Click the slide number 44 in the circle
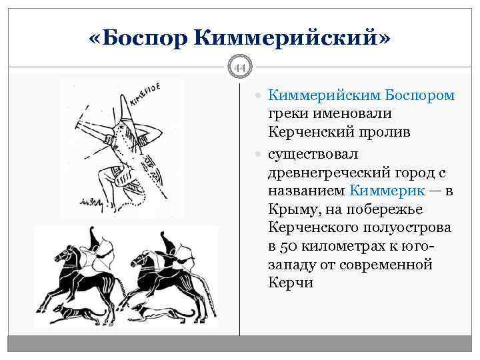[239, 67]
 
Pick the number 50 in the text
[287, 246]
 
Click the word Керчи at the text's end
[290, 283]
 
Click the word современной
[385, 265]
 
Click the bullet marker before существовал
[260, 153]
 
